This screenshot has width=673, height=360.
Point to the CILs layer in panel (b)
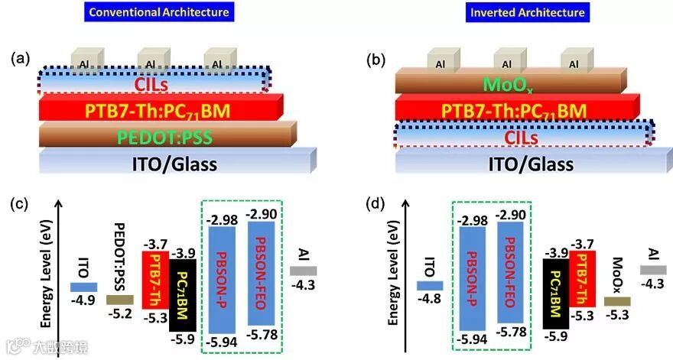520,137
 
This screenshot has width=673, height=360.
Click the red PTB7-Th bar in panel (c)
155,280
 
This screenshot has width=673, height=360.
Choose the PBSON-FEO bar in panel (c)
261,275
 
